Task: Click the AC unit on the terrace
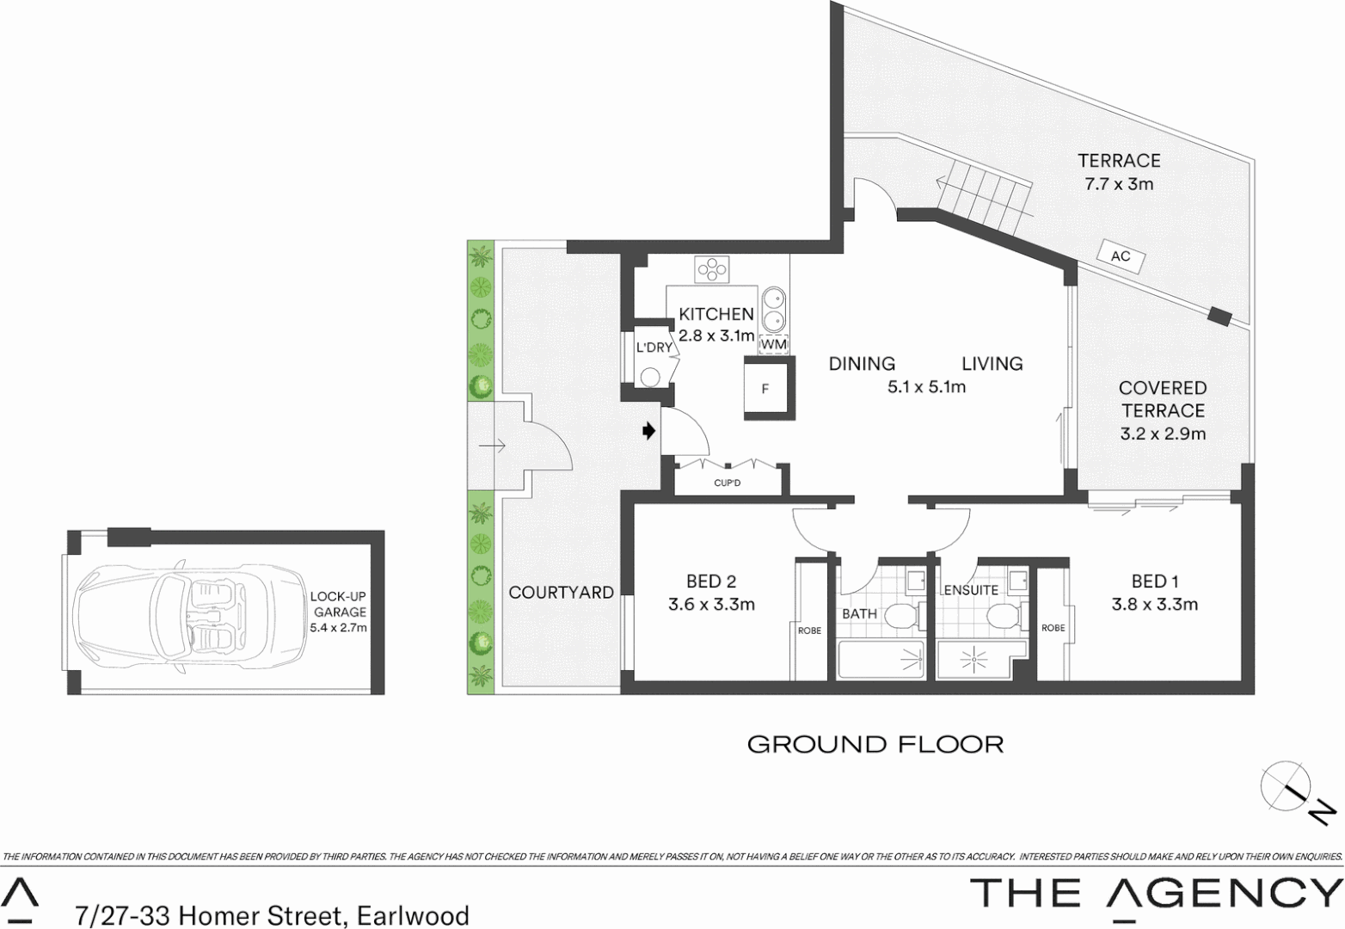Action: pos(1121,256)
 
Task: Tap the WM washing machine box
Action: pos(774,344)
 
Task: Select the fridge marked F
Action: pos(765,388)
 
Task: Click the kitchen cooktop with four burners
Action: pos(713,270)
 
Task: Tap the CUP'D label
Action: pos(728,483)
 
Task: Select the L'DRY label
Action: pos(654,348)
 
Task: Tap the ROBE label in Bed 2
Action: pos(809,631)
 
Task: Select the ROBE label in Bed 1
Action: pos(1053,628)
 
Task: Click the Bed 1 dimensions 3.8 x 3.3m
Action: pos(1154,605)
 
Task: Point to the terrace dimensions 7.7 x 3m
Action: pos(1118,184)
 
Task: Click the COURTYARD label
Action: pos(561,593)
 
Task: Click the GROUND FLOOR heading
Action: pos(875,744)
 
